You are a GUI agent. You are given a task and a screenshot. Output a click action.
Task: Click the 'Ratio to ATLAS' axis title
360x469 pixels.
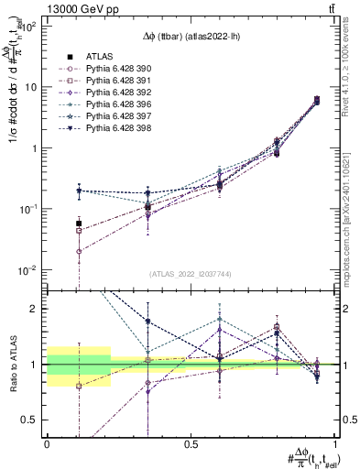point(12,365)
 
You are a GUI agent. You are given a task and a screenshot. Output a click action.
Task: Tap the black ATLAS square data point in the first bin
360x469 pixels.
point(79,224)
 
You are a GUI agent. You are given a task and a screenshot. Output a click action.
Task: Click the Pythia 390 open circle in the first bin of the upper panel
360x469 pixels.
point(79,251)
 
